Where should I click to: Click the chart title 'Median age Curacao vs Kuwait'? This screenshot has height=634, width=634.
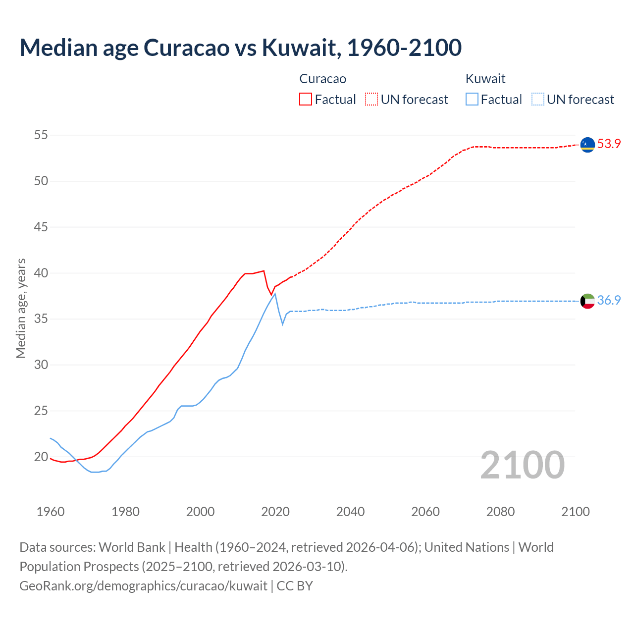click(241, 48)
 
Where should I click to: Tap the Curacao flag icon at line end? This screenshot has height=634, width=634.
click(587, 144)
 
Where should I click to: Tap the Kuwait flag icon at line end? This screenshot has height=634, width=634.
click(587, 301)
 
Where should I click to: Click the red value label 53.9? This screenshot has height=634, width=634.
click(609, 144)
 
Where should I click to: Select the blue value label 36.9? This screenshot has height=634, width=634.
click(609, 300)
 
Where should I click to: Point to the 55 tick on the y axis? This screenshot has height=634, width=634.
click(41, 135)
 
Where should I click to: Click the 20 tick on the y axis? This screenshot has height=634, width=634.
click(41, 457)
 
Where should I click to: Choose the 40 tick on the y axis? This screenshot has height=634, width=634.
click(41, 273)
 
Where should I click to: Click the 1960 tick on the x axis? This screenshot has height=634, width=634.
click(51, 512)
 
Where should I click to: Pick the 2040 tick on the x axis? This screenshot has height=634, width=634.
click(350, 512)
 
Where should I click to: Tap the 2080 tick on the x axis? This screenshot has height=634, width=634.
click(500, 512)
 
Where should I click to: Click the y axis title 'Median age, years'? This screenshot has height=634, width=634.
click(21, 308)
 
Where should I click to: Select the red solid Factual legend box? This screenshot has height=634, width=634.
click(306, 99)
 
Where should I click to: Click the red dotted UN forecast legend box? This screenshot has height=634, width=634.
click(371, 99)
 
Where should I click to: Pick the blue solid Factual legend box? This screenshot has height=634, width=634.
click(472, 99)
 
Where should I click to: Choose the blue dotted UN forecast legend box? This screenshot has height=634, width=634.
click(537, 99)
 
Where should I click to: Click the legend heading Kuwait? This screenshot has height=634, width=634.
click(485, 79)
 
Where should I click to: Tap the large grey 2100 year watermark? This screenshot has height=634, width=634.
click(522, 465)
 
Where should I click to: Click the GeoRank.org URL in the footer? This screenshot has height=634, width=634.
click(144, 585)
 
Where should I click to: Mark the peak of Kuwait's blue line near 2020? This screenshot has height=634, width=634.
click(275, 294)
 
